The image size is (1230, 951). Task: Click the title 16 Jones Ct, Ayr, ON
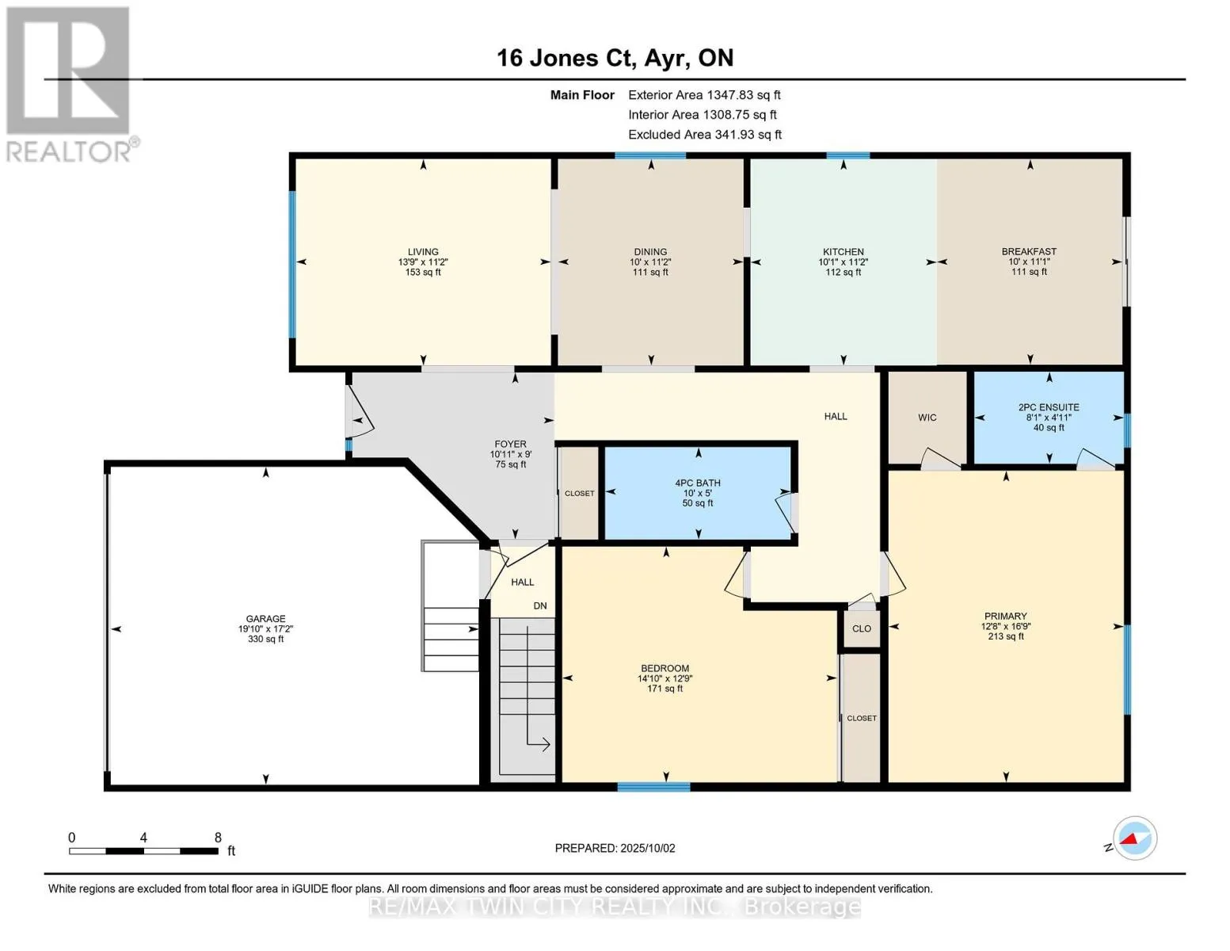(615, 59)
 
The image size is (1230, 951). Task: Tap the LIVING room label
(423, 251)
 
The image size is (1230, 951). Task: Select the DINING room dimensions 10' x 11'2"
(650, 262)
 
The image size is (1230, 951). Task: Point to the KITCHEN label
(843, 251)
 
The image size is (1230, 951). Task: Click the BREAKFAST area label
(1029, 251)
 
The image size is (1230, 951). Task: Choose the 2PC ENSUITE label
(1049, 407)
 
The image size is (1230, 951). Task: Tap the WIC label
(927, 418)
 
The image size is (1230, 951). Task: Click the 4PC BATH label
(697, 483)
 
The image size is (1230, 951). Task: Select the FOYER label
(510, 444)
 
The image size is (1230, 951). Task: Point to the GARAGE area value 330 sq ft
(265, 639)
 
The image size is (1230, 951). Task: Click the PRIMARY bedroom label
(1005, 617)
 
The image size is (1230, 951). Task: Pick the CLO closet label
(862, 628)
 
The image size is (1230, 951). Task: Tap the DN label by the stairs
(540, 605)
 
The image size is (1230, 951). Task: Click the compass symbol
(1134, 838)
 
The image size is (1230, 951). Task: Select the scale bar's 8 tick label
(218, 837)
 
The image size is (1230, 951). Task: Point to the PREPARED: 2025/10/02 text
(615, 848)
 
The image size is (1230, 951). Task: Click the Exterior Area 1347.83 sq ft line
(704, 95)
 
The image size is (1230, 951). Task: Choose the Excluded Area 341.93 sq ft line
(705, 135)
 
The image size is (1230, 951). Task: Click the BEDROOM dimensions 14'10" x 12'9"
(665, 678)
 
